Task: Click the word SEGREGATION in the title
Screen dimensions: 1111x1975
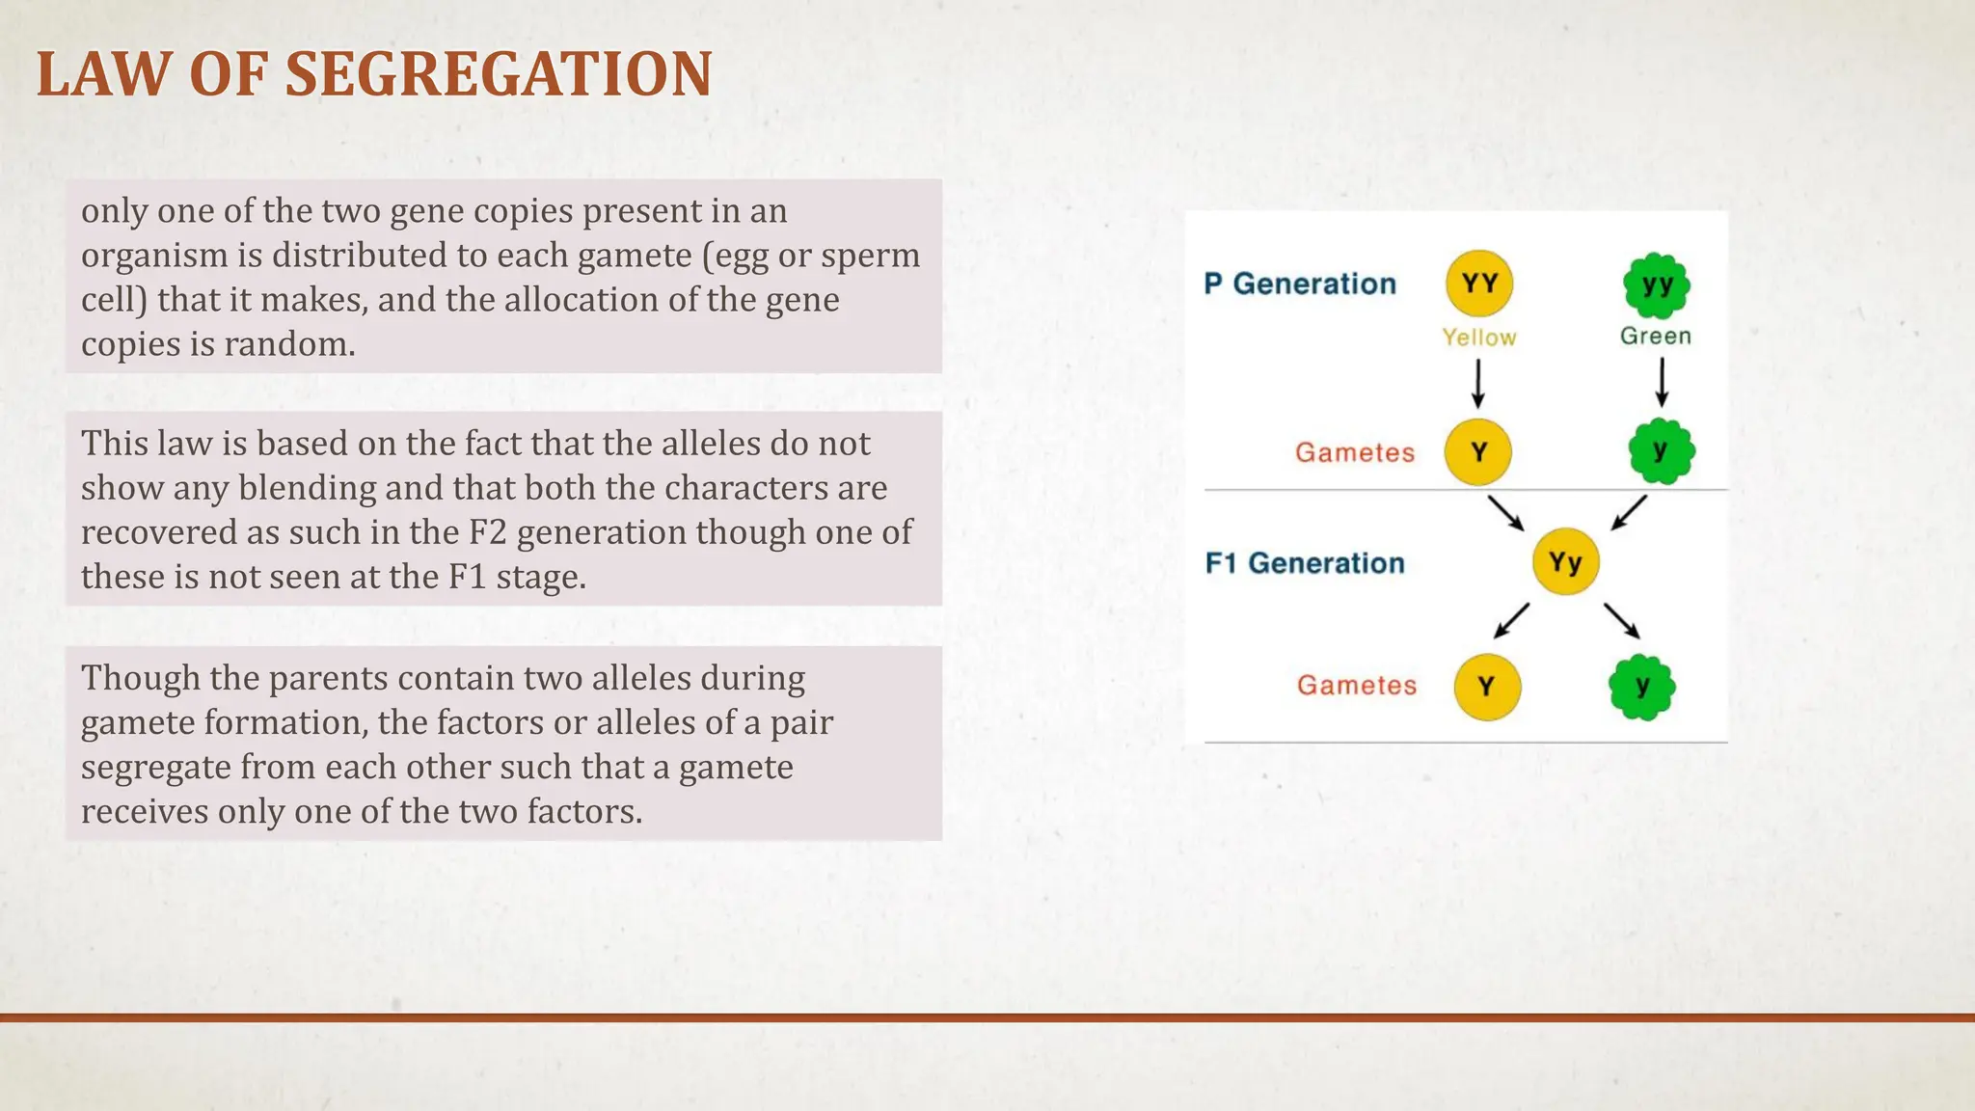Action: (x=499, y=75)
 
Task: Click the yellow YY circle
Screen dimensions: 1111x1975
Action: (x=1478, y=284)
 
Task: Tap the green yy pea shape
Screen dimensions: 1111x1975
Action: (x=1656, y=285)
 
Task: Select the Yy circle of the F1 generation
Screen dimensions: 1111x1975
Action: (x=1565, y=561)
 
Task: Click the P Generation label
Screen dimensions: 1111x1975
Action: (x=1299, y=284)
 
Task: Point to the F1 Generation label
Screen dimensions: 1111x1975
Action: (x=1304, y=563)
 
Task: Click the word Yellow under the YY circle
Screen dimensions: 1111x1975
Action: (x=1478, y=338)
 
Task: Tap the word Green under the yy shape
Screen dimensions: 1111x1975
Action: (x=1655, y=336)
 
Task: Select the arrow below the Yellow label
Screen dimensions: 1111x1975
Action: (x=1477, y=384)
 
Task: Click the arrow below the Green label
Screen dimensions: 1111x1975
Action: (x=1661, y=383)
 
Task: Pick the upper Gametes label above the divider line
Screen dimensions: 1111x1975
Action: (x=1354, y=452)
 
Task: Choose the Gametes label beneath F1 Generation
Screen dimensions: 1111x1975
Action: (x=1356, y=685)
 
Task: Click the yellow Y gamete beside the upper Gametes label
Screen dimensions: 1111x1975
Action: (x=1477, y=452)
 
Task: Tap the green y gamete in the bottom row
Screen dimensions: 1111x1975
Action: (x=1641, y=687)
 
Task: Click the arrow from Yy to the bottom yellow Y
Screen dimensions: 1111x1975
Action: (x=1511, y=621)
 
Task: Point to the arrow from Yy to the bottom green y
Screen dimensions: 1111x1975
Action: (x=1621, y=621)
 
